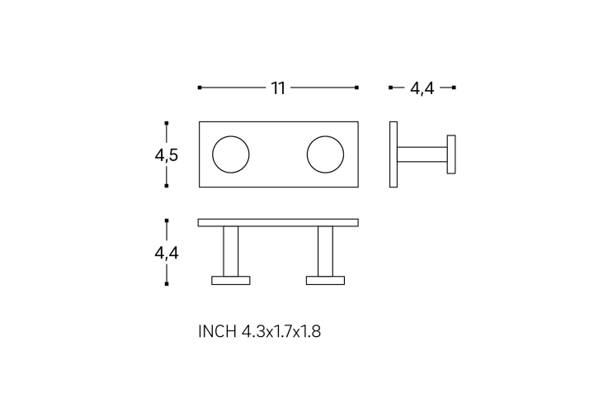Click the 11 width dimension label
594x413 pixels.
coord(278,88)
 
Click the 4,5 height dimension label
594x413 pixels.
coord(167,154)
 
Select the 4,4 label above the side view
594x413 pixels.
coord(422,88)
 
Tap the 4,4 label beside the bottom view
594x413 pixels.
coord(167,253)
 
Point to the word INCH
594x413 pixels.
coord(217,331)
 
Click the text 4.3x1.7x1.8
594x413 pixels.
coord(281,331)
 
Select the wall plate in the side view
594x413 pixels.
coord(394,154)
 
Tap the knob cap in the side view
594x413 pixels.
coord(451,154)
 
